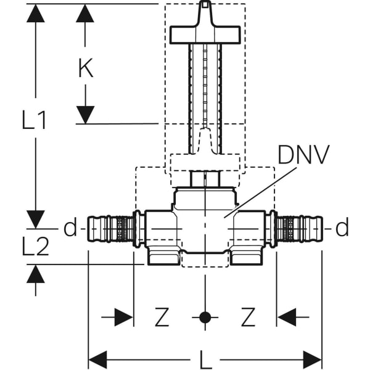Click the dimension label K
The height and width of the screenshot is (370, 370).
point(86,68)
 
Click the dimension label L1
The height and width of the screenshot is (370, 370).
point(35,120)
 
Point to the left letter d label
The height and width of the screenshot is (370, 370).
point(70,228)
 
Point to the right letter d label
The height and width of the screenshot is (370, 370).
point(342,228)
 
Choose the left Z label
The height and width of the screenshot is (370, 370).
point(162,318)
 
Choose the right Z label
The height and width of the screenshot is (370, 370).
point(248,318)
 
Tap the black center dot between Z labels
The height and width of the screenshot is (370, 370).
point(205,318)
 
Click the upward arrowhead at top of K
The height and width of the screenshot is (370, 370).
point(86,12)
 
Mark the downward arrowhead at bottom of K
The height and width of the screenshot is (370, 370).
point(86,115)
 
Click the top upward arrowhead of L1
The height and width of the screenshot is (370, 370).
point(36,12)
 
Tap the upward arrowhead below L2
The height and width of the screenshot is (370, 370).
point(36,274)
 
